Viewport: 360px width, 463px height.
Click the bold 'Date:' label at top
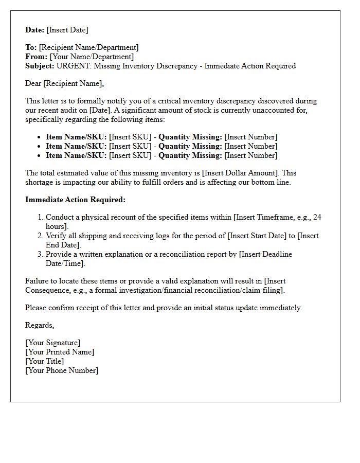click(35, 30)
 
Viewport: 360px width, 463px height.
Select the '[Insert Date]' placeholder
click(67, 30)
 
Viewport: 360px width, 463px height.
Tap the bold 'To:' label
click(31, 47)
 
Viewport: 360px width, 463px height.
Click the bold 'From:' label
click(37, 57)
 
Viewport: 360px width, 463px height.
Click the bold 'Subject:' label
click(40, 66)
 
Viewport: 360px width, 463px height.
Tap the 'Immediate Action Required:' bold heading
click(75, 200)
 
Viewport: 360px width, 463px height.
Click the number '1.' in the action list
click(40, 217)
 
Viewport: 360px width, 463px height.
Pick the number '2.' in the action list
click(40, 236)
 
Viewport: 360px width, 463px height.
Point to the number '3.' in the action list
click(40, 254)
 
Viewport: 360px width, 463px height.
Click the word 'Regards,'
click(40, 325)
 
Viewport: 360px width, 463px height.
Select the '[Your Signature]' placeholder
click(52, 343)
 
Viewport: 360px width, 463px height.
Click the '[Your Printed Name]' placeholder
click(60, 352)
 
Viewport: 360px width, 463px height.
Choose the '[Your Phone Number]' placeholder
click(62, 370)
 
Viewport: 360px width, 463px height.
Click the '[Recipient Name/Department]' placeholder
click(88, 47)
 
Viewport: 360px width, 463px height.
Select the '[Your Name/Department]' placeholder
click(92, 57)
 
